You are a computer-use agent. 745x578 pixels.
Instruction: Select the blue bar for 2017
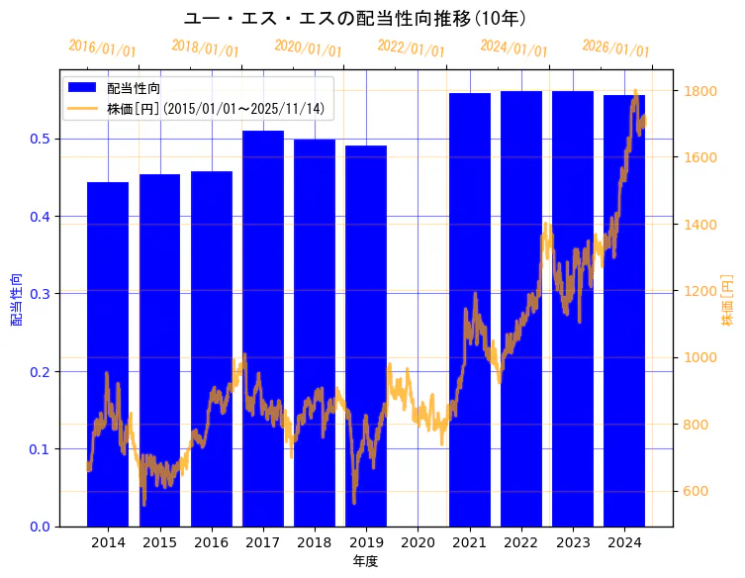click(x=263, y=328)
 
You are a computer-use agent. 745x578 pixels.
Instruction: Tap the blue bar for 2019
click(x=366, y=336)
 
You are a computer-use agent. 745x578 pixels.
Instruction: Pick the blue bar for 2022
click(x=521, y=308)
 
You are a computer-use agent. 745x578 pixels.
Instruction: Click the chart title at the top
click(x=355, y=18)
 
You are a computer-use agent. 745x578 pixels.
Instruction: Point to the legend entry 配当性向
click(x=135, y=88)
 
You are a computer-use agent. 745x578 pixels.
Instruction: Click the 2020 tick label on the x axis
click(x=418, y=542)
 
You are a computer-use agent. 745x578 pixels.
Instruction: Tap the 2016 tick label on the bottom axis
click(x=211, y=542)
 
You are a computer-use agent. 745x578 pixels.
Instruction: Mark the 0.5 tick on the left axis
click(x=41, y=139)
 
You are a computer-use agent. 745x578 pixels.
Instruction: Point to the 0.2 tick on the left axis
click(x=41, y=371)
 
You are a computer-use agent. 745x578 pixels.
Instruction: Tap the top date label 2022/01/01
click(x=411, y=48)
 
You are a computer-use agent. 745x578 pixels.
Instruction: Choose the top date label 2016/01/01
click(x=102, y=48)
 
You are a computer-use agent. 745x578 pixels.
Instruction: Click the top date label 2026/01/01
click(x=615, y=48)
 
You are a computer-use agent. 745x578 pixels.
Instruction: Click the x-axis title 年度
click(x=366, y=561)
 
